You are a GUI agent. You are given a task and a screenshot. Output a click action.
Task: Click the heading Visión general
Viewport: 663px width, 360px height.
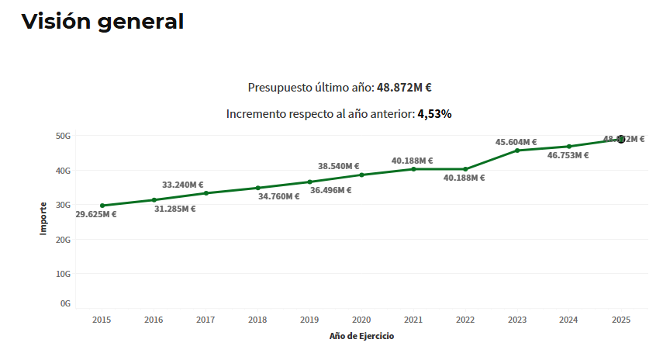(102, 22)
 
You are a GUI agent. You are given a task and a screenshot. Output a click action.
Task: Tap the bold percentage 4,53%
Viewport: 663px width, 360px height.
(434, 114)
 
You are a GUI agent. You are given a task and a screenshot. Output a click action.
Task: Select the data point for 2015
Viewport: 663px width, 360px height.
(102, 206)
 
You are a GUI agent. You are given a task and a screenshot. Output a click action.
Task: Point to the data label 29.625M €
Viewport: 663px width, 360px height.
(96, 215)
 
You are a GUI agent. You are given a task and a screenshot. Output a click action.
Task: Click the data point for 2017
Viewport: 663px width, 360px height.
(205, 193)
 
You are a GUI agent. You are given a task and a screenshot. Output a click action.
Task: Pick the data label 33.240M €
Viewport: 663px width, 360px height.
(183, 185)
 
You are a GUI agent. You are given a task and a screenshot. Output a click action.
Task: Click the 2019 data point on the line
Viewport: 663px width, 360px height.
(309, 182)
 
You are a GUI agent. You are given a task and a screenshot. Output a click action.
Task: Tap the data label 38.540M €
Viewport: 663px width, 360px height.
(339, 166)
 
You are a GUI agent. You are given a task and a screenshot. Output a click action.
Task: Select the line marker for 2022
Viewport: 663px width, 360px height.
(465, 169)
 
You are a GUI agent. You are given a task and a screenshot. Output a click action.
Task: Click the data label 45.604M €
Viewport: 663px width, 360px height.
(516, 142)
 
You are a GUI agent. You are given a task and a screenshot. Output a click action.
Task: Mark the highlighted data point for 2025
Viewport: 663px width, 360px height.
(621, 139)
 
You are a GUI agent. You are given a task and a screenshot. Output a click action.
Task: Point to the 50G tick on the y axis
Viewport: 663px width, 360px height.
(64, 136)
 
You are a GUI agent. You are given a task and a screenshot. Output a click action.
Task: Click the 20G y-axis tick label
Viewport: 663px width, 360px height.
(64, 240)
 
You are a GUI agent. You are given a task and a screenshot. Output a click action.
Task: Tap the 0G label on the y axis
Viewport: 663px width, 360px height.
(66, 303)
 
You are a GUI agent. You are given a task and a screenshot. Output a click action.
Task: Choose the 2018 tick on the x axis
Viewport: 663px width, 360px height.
(257, 320)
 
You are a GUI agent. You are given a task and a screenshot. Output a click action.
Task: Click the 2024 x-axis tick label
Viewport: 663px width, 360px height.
(568, 320)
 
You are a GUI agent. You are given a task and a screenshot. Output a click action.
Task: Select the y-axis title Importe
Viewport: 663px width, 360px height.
(44, 219)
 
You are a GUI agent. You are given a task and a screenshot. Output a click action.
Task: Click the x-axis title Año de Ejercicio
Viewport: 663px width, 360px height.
(361, 336)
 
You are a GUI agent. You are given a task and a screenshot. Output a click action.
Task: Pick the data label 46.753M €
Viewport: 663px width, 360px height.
(568, 155)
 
